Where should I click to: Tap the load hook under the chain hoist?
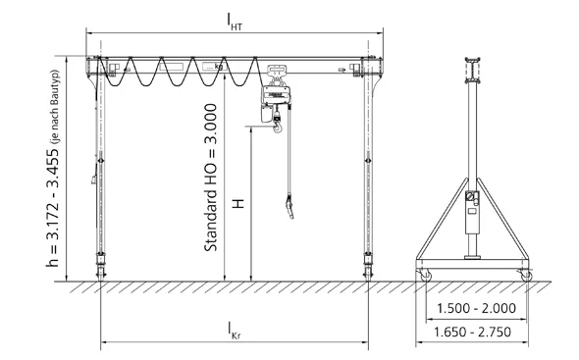tap(279, 123)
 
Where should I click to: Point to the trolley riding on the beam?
tap(274, 71)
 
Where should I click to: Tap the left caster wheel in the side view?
tap(425, 276)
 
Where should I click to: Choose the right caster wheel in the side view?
tap(525, 276)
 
